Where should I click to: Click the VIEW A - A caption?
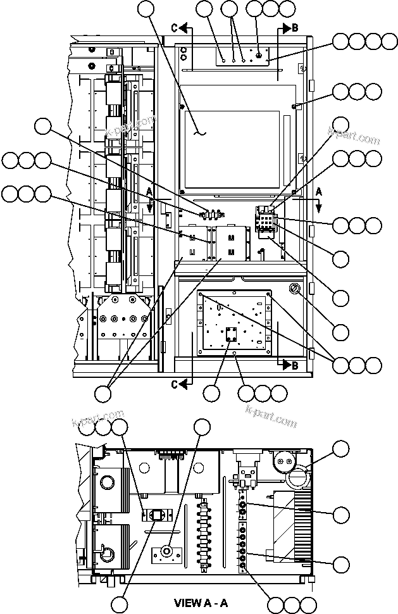point(201,603)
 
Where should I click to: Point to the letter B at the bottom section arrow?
point(295,365)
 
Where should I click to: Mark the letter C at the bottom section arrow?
point(174,382)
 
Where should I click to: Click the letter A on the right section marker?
point(319,191)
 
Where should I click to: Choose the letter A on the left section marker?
point(149,191)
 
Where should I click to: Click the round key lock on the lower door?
point(294,289)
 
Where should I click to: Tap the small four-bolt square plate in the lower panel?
point(230,335)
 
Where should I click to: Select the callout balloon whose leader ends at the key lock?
point(341,332)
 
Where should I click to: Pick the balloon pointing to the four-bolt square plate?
point(212,393)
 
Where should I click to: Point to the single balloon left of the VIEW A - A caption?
point(120,603)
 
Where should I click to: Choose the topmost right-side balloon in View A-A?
point(341,449)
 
